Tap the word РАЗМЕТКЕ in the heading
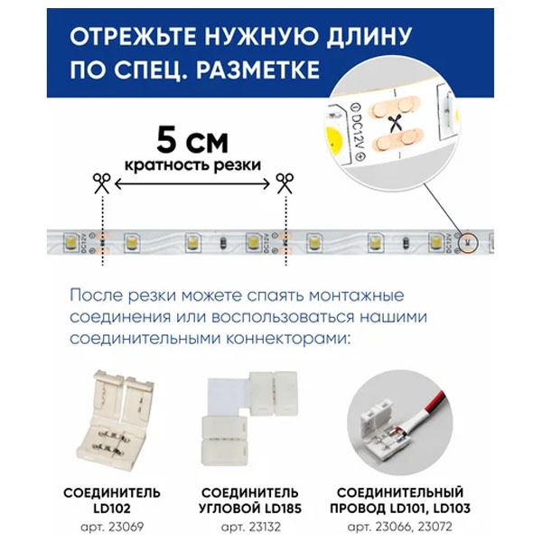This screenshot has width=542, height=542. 257,70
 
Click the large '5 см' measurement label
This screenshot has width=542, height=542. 192,141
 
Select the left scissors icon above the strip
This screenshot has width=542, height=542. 101,183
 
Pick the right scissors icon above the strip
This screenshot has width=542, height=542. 285,183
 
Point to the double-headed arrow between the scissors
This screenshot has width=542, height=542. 192,184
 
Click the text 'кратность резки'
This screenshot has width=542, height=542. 192,165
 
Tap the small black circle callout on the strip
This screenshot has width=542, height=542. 467,242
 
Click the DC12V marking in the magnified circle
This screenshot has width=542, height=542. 357,131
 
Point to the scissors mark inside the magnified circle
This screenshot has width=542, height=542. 394,123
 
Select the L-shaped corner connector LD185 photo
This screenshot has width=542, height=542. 249,418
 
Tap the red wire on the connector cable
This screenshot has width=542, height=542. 436,402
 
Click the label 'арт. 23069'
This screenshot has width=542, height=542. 112,528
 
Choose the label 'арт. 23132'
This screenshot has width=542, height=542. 251,528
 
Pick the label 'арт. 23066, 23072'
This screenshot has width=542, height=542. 399,528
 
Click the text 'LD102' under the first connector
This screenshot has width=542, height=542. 112,509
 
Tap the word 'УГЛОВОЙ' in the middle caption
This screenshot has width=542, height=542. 229,509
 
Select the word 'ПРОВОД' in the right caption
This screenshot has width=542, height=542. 358,509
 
